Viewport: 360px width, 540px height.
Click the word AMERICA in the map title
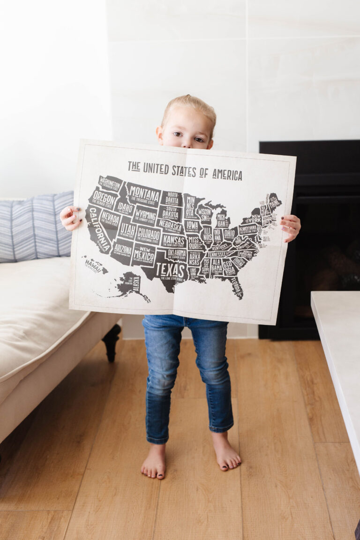227,174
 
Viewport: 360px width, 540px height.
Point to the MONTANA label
143,192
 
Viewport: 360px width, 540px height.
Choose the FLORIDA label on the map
235,286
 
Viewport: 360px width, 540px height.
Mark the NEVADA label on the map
110,217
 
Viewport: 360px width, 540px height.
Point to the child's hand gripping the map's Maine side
291,227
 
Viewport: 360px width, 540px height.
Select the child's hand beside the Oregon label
70,217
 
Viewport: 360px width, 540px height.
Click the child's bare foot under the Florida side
226,452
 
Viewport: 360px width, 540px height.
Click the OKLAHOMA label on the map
176,254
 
